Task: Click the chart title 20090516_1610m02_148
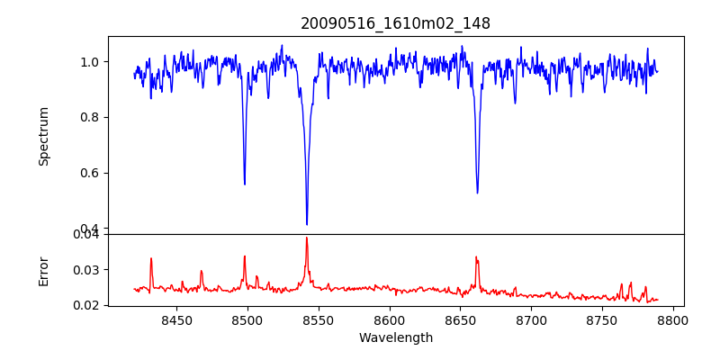tap(395, 23)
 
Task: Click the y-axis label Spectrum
tap(43, 136)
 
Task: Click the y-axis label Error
tap(43, 269)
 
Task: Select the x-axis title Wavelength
tap(395, 338)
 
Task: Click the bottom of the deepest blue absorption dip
tap(307, 224)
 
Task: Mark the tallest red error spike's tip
tap(307, 238)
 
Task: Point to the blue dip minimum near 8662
tap(477, 193)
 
